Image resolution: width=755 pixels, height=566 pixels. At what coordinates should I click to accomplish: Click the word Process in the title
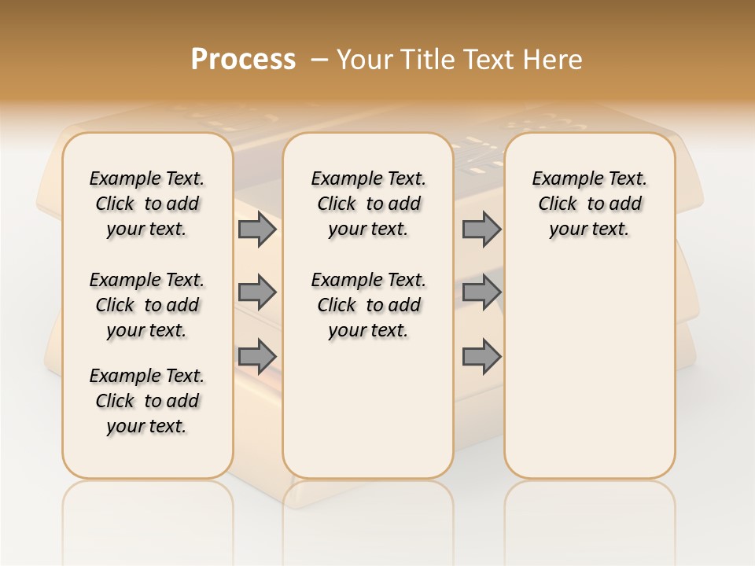[243, 60]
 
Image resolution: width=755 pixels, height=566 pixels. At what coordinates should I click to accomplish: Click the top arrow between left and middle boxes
[257, 230]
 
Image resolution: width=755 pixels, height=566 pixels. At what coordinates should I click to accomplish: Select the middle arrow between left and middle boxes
[257, 292]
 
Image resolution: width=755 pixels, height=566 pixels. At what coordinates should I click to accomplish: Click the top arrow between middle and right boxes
[481, 230]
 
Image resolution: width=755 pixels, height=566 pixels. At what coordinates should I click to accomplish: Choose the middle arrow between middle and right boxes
[481, 292]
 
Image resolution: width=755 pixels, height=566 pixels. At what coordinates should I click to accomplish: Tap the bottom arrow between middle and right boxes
[481, 358]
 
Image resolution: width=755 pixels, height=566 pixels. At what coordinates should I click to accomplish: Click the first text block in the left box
[147, 204]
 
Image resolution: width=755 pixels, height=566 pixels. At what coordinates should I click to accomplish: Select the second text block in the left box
[147, 305]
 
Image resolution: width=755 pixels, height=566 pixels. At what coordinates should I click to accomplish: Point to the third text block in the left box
[147, 401]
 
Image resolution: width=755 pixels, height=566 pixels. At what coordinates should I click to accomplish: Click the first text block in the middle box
[368, 204]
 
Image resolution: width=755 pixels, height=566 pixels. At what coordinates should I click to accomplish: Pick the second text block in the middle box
[368, 305]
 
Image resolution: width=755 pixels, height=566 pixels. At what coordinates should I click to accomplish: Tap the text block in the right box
[589, 204]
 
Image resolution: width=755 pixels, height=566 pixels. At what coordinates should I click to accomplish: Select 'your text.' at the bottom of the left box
[147, 426]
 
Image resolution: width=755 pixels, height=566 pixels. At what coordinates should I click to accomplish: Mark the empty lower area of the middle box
[368, 409]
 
